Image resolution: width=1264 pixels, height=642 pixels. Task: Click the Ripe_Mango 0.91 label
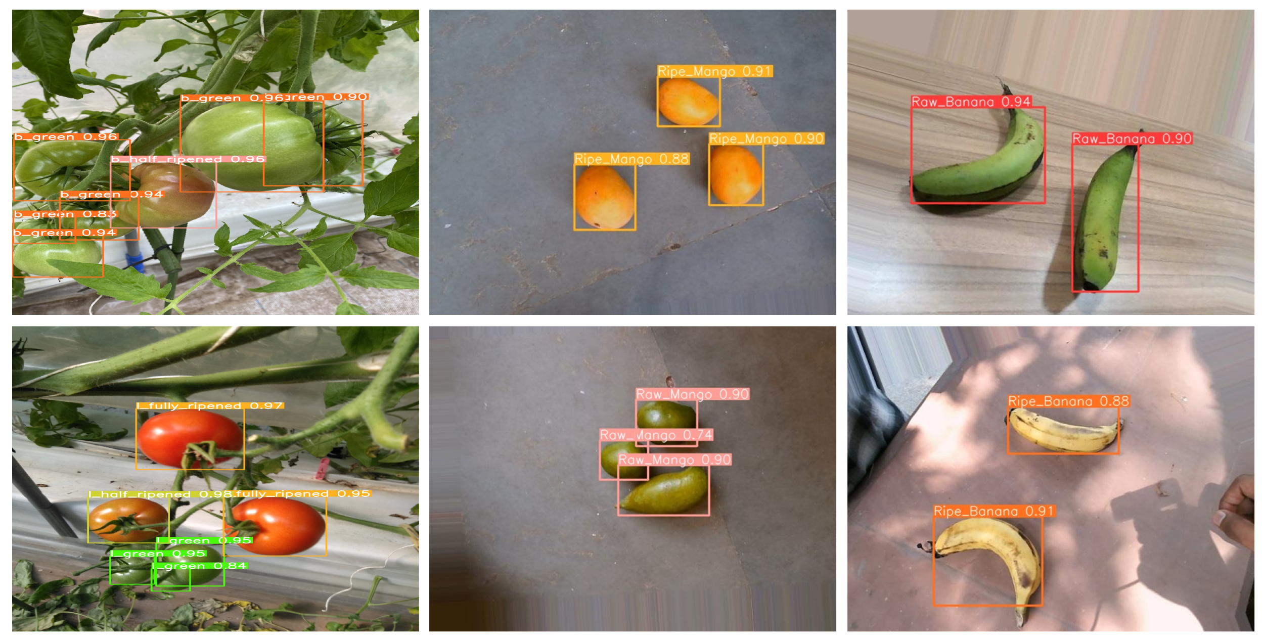tap(714, 71)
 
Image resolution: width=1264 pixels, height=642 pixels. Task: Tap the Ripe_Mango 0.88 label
tap(631, 159)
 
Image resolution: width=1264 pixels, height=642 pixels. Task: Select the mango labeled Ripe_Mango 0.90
tap(735, 175)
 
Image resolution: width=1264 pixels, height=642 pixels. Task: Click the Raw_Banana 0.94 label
tap(971, 102)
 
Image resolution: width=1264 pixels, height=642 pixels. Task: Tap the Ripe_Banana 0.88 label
tap(1068, 401)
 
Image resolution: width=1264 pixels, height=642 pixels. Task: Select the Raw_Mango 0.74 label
tap(656, 435)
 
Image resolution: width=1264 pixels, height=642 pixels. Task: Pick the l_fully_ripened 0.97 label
tap(210, 406)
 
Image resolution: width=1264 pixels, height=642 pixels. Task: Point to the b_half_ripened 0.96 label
tap(188, 159)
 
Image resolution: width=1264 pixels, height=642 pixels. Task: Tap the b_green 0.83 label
tap(65, 214)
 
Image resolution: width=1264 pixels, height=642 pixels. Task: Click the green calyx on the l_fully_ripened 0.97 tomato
tap(202, 450)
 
